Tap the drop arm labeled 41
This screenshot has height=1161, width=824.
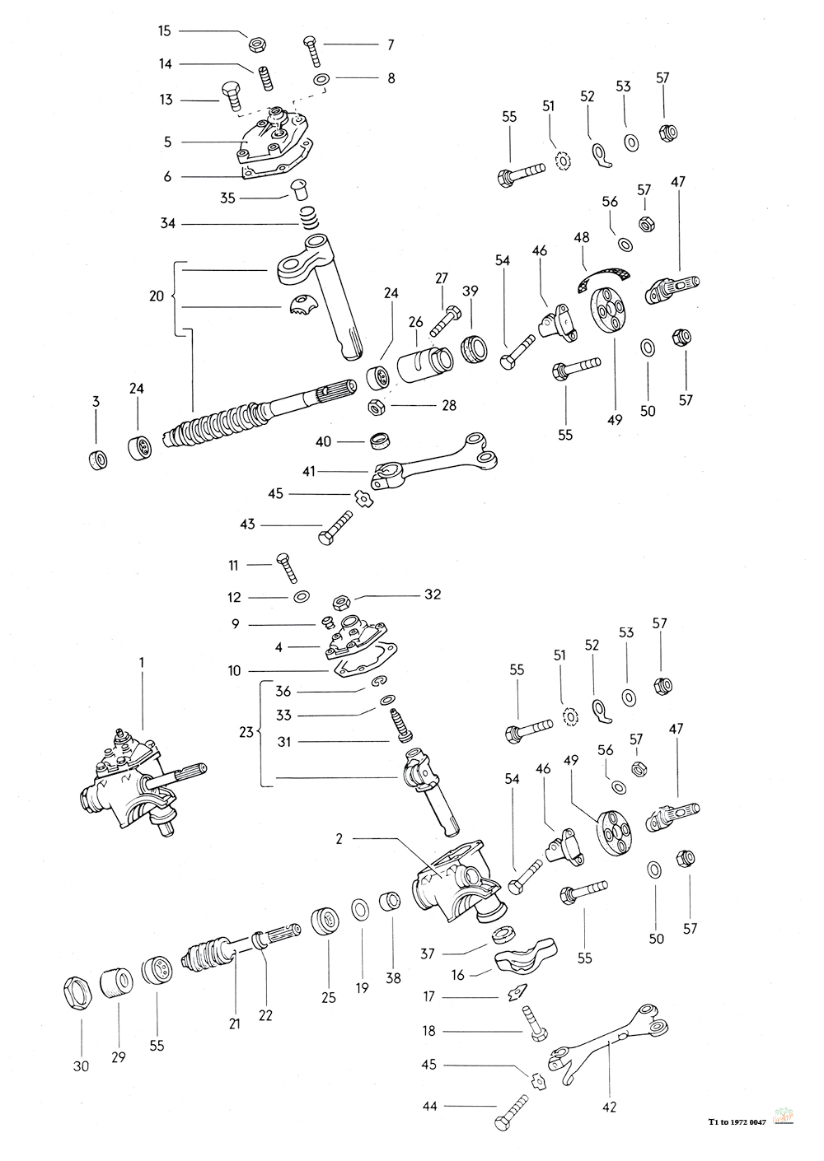click(428, 466)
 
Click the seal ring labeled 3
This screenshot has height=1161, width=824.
click(97, 458)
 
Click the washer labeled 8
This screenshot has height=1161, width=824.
click(321, 79)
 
